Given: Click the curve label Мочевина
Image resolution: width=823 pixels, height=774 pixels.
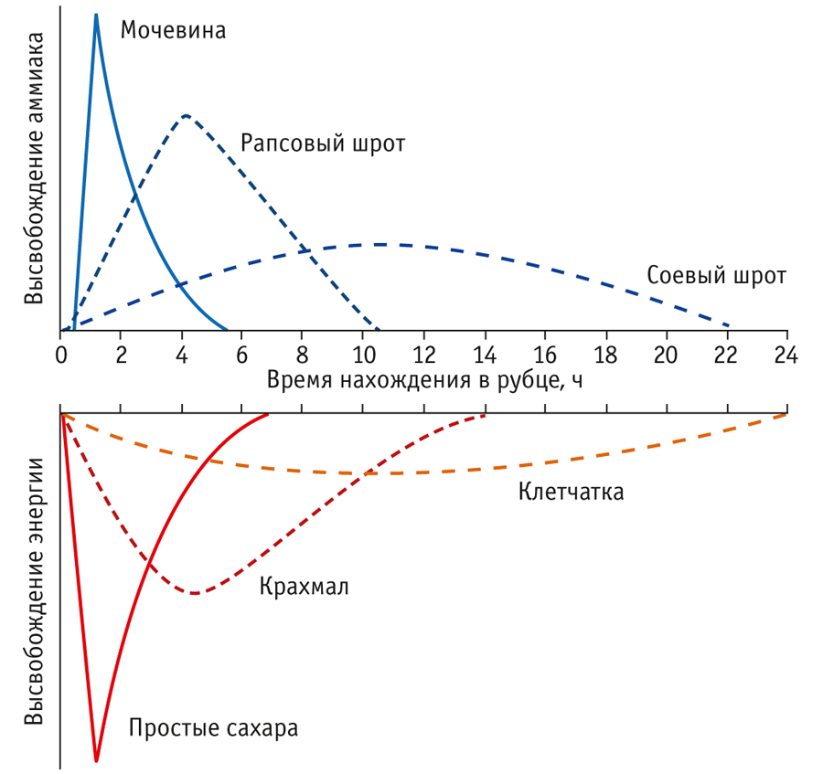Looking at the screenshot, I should click(173, 31).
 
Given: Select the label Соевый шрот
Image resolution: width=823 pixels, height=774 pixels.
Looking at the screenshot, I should click(715, 276).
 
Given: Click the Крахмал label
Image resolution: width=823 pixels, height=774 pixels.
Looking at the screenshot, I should click(305, 586).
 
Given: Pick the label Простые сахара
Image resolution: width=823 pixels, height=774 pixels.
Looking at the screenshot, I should click(214, 729).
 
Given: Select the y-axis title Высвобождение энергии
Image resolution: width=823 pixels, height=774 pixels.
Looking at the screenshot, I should click(34, 590).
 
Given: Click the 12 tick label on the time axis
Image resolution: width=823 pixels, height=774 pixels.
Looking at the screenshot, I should click(423, 355).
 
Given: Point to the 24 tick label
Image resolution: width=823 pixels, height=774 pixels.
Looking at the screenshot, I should click(786, 355).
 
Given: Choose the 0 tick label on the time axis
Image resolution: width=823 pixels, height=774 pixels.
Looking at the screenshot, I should click(60, 355).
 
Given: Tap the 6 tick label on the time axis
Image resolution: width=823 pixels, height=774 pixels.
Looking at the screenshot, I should click(242, 355).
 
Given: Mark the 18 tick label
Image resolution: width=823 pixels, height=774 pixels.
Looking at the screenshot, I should click(605, 355).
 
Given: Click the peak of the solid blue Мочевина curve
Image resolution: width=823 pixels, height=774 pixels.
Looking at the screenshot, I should click(96, 15).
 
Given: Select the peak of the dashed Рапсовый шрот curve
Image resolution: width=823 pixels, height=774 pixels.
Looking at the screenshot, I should click(186, 115).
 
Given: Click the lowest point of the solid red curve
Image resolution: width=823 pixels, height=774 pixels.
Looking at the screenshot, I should click(96, 760).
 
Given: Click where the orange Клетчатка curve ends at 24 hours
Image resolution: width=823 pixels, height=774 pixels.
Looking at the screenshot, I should click(786, 415).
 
